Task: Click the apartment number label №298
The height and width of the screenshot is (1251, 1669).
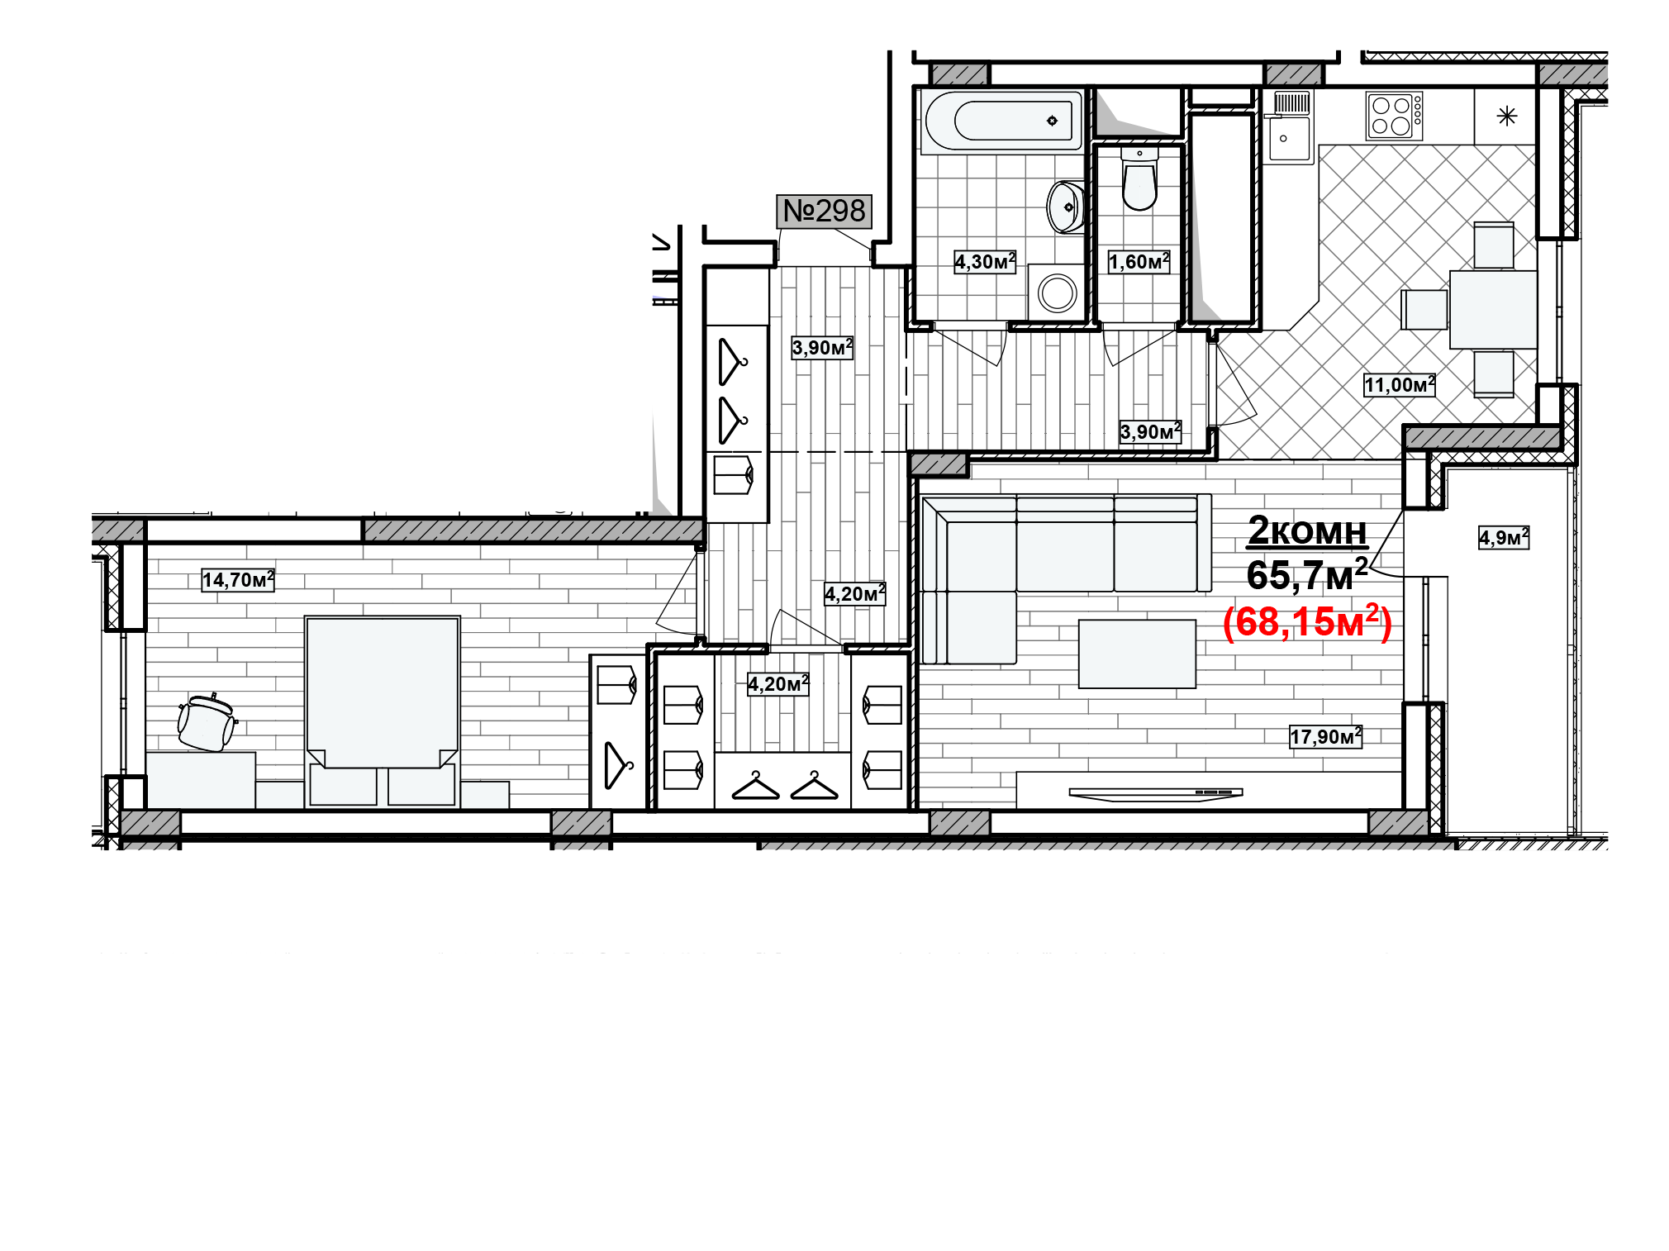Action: point(824,211)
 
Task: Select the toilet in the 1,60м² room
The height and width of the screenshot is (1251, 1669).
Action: point(1139,179)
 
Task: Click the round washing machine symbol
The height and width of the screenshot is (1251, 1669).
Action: point(1057,292)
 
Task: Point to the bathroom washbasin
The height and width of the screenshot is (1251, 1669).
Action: point(1064,207)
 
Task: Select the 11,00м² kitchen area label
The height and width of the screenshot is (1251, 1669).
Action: point(1399,385)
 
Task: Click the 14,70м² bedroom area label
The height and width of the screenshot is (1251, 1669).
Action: point(238,580)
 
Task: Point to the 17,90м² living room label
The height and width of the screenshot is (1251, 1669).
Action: point(1325,736)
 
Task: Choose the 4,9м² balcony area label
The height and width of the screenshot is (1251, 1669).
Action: point(1504,538)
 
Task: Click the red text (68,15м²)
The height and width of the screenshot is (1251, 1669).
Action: point(1307,622)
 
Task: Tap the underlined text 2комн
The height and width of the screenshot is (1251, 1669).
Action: point(1307,530)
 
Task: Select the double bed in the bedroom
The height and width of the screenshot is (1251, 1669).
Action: point(382,711)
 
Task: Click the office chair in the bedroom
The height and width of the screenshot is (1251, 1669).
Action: point(207,721)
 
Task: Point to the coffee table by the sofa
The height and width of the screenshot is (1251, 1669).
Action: point(1137,654)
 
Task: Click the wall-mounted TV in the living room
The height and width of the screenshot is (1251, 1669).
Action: point(1155,794)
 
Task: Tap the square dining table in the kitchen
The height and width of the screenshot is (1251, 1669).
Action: point(1493,310)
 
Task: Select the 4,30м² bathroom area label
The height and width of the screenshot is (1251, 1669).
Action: point(985,262)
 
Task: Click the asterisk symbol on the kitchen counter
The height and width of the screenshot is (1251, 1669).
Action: point(1507,116)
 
